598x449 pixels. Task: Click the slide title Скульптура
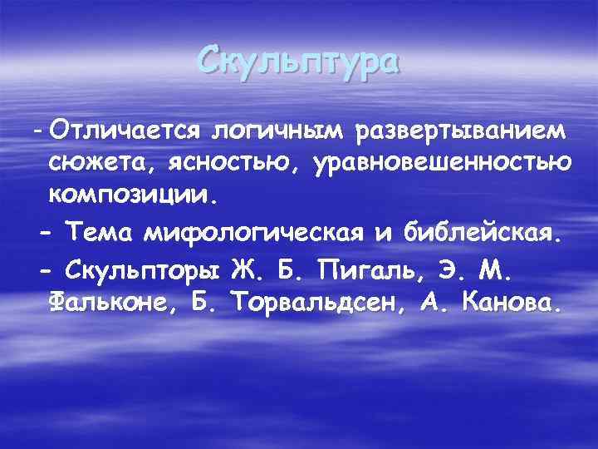[x=299, y=62]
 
